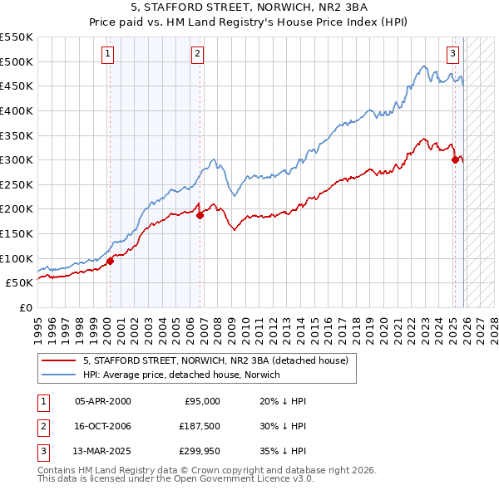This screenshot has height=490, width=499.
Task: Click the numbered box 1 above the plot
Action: point(109,55)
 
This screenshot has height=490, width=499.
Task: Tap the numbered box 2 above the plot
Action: point(197,55)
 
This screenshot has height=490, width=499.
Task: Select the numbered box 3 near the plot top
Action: point(452,55)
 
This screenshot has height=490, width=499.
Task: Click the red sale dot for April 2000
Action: point(110,261)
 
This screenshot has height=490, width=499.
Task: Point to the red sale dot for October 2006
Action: point(200,215)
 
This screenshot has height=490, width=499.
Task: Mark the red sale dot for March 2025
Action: point(455,160)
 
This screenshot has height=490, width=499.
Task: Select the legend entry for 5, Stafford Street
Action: point(220,361)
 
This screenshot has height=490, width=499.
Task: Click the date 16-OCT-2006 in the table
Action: point(102,426)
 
